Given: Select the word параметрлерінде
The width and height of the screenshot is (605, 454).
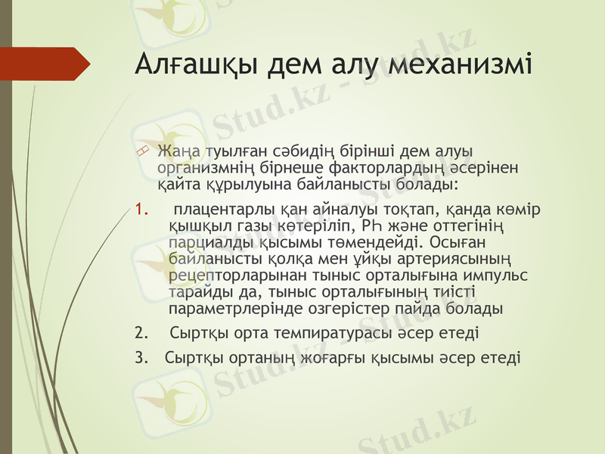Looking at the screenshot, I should pyautogui.click(x=237, y=309).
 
